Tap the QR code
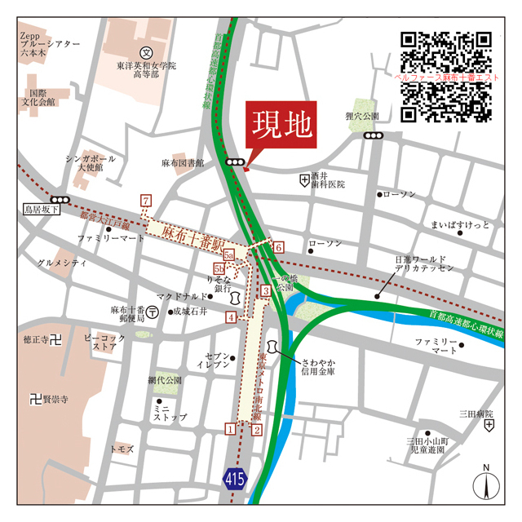tap(445, 74)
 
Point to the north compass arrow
tap(486, 486)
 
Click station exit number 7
tap(146, 201)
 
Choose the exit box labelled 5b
tap(219, 268)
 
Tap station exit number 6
tap(277, 247)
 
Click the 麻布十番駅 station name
tap(193, 238)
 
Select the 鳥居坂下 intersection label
tap(42, 210)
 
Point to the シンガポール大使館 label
tap(92, 164)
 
